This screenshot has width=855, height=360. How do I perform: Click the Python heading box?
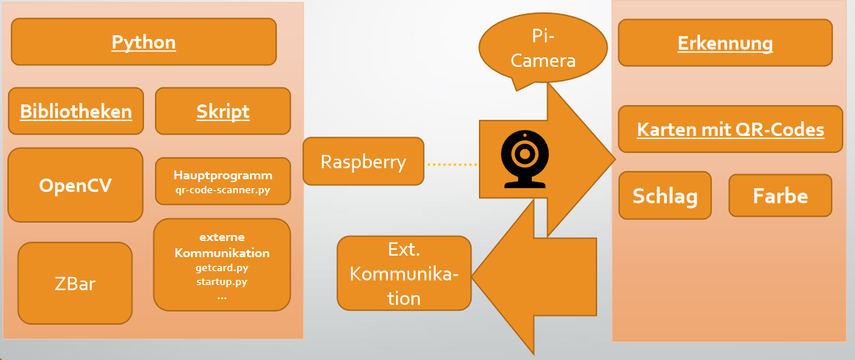[144, 42]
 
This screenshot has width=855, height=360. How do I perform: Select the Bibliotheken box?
[76, 112]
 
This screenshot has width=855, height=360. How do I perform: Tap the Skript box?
[223, 112]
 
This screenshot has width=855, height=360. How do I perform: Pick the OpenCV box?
[75, 185]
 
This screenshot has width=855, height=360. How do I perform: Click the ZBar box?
[75, 283]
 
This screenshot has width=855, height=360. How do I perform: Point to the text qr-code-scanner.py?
[223, 190]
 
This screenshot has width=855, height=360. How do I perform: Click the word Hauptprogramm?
[223, 176]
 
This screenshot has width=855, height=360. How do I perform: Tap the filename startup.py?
[222, 282]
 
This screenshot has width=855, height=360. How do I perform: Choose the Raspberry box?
[364, 162]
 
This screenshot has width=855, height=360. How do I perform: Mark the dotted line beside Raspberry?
[452, 164]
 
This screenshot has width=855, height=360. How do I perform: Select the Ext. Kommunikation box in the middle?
[404, 273]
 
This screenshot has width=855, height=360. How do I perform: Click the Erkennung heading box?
[725, 43]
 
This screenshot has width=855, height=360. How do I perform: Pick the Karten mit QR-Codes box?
[730, 130]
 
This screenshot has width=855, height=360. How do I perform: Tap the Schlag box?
[665, 196]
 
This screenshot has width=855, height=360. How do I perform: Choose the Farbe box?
[780, 196]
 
